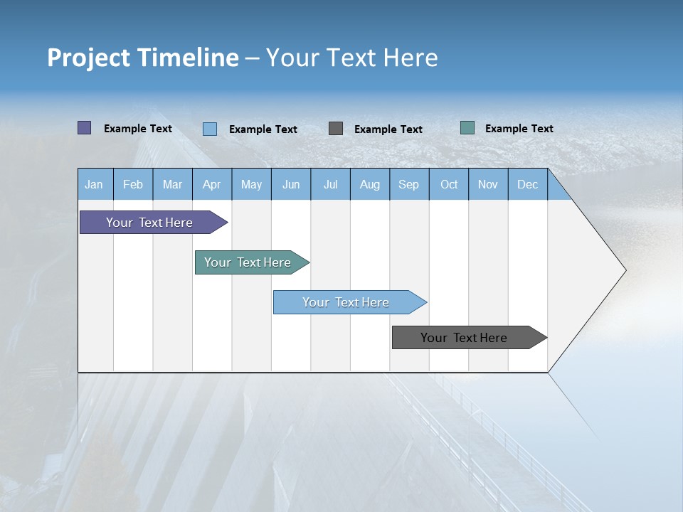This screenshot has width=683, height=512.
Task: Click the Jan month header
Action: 94,185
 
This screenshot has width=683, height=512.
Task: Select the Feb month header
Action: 133,185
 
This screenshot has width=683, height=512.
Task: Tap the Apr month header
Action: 212,185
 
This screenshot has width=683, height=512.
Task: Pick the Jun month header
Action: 291,185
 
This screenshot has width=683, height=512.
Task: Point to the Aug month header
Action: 370,185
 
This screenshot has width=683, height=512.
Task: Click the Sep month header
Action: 409,185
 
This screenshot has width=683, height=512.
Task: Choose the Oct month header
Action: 449,185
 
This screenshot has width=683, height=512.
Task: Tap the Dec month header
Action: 528,185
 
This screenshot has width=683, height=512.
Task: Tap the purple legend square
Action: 85,128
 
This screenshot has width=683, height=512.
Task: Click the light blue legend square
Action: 210,129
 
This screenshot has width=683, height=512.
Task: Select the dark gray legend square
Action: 336,128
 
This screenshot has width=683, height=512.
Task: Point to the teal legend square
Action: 467,128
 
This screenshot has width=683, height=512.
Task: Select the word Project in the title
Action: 87,58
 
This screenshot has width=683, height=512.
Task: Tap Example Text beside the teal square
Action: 519,129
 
